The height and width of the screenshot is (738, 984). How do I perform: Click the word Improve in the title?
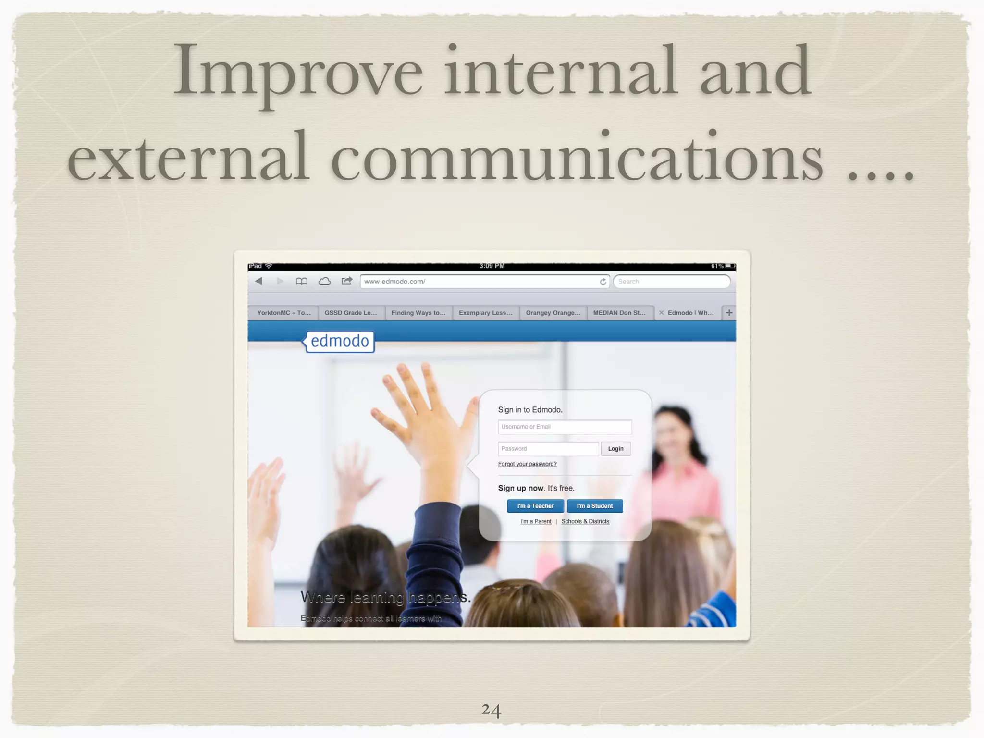(x=298, y=72)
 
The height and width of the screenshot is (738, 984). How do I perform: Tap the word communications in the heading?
(x=577, y=159)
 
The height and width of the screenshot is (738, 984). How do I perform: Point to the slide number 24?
(x=491, y=710)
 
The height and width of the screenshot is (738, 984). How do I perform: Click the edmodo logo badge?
(x=340, y=341)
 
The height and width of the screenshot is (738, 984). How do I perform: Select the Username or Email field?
(x=565, y=427)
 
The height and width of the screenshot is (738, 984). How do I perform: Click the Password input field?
(x=548, y=449)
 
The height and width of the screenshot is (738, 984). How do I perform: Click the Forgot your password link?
(x=527, y=464)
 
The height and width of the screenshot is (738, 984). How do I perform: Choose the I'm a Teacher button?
(x=535, y=506)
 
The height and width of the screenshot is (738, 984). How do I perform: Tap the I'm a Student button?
(x=594, y=506)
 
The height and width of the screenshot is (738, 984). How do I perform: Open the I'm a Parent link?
(x=536, y=521)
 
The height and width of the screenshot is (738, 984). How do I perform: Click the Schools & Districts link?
(x=585, y=521)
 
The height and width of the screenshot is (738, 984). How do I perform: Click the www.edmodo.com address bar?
(x=480, y=282)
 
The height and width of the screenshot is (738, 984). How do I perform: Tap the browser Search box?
(x=672, y=282)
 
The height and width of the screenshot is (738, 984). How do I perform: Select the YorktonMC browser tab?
(x=283, y=313)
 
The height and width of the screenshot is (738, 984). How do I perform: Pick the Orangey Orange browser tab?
(x=553, y=313)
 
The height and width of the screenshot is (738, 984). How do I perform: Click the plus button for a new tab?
(x=729, y=313)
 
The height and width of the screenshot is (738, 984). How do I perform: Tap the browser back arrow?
(x=259, y=281)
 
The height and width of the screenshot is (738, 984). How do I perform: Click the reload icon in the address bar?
(x=603, y=282)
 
